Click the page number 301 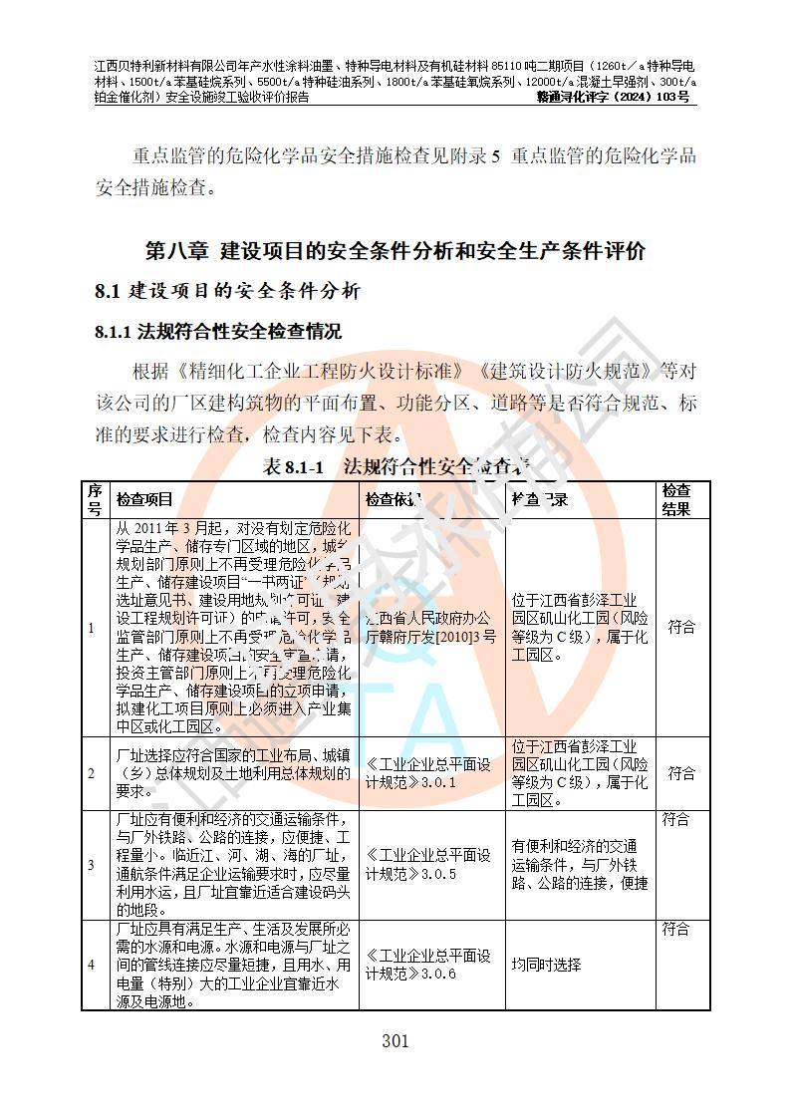(x=395, y=1042)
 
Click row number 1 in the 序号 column (x=91, y=628)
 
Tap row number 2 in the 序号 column (x=91, y=773)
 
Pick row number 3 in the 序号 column (x=91, y=865)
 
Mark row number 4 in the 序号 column (x=91, y=965)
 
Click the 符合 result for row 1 (x=681, y=628)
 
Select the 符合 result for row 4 (x=676, y=930)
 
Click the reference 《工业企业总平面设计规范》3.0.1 (x=428, y=773)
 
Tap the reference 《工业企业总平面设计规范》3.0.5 (x=428, y=865)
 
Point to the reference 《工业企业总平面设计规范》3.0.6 (x=428, y=965)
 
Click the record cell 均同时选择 (x=546, y=965)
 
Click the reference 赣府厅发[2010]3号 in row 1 (x=431, y=638)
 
